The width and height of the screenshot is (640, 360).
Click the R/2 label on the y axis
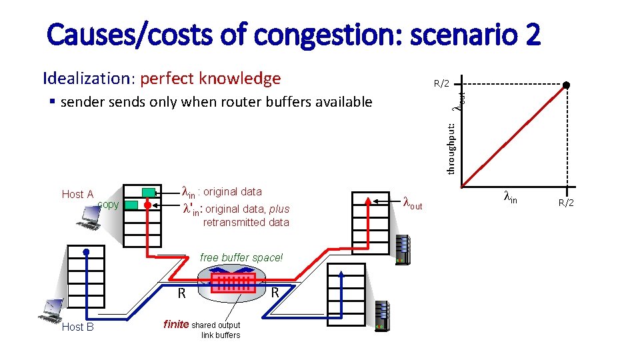point(442,84)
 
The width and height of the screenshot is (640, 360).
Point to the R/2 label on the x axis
point(566,203)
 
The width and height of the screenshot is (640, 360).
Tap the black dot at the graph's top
point(566,85)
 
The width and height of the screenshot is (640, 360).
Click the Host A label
point(77,195)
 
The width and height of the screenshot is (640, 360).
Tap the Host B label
point(77,327)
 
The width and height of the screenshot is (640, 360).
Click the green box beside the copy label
point(132,205)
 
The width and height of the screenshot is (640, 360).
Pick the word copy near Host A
point(107,204)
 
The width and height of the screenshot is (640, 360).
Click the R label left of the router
point(181,293)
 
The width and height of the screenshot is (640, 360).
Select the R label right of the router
point(274,293)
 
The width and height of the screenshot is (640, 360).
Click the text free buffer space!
point(241,257)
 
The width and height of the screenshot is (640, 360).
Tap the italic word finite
point(176,325)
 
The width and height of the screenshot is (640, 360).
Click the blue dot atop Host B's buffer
point(87,251)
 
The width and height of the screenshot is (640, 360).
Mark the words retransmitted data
point(246,222)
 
